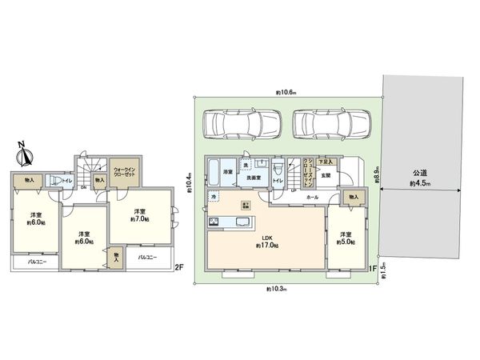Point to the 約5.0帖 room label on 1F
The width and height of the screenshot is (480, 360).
point(346,238)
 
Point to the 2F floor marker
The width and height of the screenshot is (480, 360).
point(180,268)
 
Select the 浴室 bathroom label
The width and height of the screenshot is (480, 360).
point(227,173)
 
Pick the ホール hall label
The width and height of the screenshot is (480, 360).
point(312,197)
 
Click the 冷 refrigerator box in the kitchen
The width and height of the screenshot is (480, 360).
point(214,196)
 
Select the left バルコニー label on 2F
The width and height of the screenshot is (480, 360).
point(35,261)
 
